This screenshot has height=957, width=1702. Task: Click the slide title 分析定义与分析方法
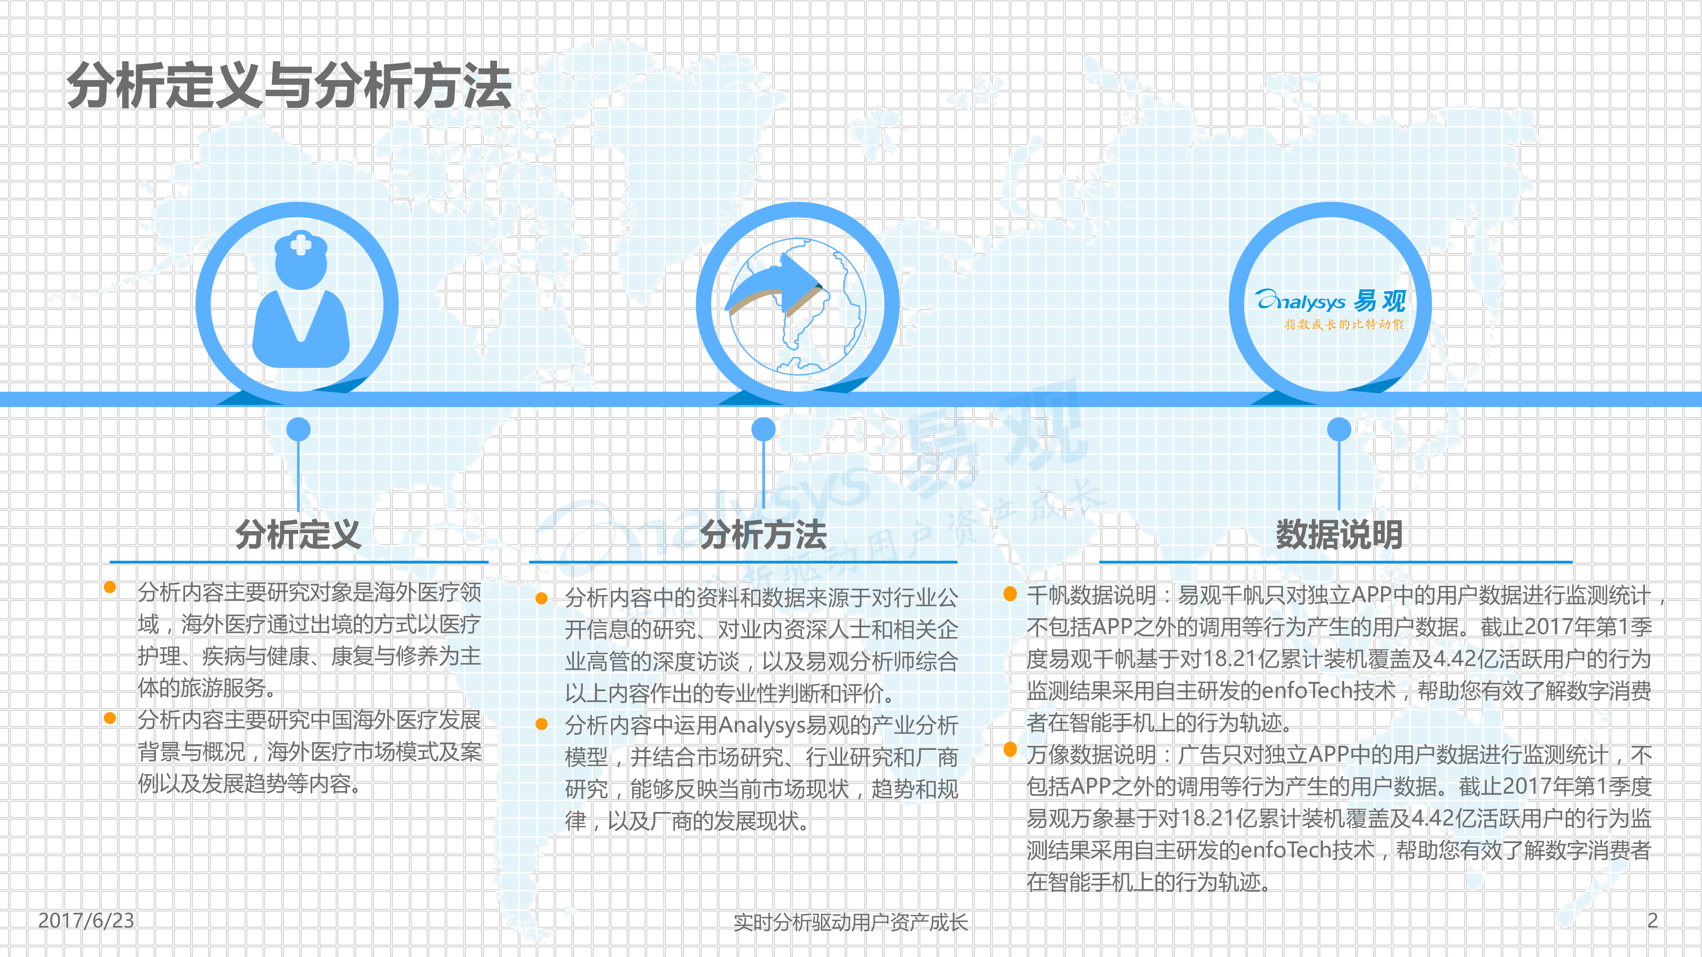click(289, 86)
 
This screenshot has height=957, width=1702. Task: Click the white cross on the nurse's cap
click(301, 245)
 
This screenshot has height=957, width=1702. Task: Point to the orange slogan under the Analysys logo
click(1344, 324)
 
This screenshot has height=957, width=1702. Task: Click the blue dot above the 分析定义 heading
click(299, 429)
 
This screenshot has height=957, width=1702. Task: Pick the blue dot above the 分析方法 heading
click(764, 429)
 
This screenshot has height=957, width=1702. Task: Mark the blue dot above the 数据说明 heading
click(1339, 429)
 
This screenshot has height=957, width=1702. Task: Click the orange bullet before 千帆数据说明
click(1010, 594)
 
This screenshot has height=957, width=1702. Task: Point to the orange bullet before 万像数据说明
click(1010, 749)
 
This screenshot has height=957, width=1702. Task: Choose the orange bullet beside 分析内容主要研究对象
click(110, 587)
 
